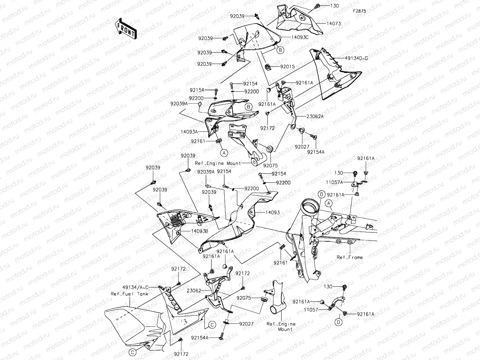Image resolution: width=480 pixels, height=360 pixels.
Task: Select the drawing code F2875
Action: (x=359, y=11)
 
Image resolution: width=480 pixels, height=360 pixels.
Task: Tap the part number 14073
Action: (x=333, y=24)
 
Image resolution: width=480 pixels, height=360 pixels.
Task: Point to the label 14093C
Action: (x=300, y=37)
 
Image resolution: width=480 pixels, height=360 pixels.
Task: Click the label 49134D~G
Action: (x=356, y=58)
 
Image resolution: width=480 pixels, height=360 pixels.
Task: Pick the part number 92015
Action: (x=287, y=66)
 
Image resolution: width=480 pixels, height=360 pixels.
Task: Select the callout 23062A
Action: (x=315, y=116)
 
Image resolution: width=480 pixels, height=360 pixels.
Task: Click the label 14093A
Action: (x=189, y=132)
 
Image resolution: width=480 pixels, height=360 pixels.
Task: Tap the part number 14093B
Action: (x=199, y=231)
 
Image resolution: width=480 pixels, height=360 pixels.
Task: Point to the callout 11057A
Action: (x=334, y=182)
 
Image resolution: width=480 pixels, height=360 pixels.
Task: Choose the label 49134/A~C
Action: (x=135, y=287)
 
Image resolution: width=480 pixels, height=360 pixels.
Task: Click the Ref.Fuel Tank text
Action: (x=129, y=294)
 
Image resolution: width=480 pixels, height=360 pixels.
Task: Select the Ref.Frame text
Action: (x=350, y=257)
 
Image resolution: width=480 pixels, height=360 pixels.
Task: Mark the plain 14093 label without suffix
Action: (x=273, y=212)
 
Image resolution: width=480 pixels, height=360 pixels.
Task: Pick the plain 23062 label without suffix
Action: (x=194, y=291)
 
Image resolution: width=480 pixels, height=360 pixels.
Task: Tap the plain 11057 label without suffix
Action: (x=311, y=310)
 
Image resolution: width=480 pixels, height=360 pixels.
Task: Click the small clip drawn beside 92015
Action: (x=268, y=67)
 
